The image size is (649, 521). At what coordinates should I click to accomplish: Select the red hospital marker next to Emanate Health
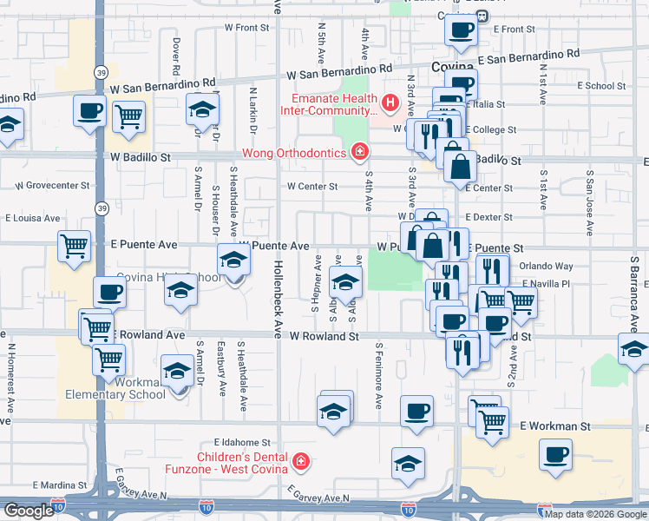[x=390, y=105]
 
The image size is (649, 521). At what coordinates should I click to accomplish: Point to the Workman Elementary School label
[x=115, y=388]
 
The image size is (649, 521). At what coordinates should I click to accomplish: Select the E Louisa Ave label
[x=33, y=218]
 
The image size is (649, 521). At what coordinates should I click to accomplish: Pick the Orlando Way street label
[x=547, y=267]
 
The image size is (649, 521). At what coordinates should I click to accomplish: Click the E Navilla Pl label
[x=544, y=284]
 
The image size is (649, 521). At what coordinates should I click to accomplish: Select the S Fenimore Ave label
[x=379, y=375]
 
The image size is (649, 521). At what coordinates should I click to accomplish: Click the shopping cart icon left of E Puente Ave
[x=74, y=247]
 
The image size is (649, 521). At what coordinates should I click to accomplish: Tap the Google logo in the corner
[x=27, y=511]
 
